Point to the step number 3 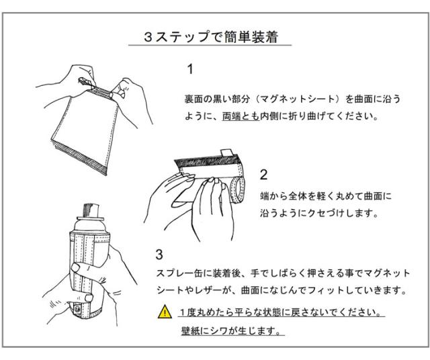(159, 256)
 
